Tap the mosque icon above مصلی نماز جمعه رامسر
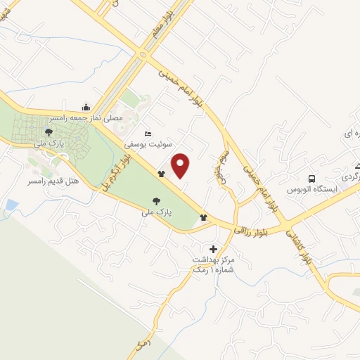[86, 107]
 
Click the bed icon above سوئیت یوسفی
[147, 133]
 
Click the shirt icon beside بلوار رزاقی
[204, 217]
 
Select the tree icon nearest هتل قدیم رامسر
[48, 131]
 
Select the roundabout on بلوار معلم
[144, 54]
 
